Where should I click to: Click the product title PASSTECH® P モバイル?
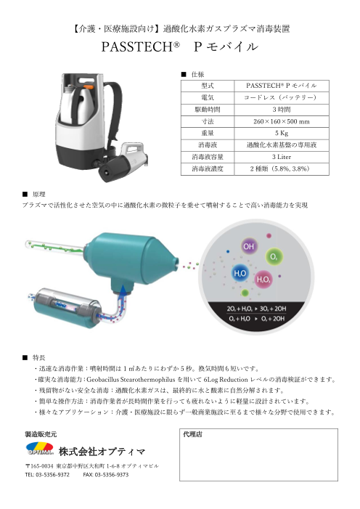click(180, 46)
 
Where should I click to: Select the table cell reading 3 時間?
click(282, 110)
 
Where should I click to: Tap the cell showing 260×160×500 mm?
click(282, 121)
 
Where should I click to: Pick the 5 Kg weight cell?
click(282, 133)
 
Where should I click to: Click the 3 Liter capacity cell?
click(282, 157)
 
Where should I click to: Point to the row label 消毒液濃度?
click(208, 168)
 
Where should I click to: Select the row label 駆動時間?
click(208, 110)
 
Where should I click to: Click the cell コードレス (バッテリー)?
click(282, 97)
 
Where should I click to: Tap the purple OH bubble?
click(249, 246)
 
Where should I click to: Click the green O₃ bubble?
click(274, 257)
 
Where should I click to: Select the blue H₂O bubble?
click(240, 273)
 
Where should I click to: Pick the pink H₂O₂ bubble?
click(263, 279)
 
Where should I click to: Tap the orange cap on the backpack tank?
click(89, 86)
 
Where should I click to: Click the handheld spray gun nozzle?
click(105, 172)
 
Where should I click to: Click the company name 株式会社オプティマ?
click(102, 451)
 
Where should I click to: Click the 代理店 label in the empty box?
click(192, 434)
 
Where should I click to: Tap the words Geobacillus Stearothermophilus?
click(131, 379)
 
